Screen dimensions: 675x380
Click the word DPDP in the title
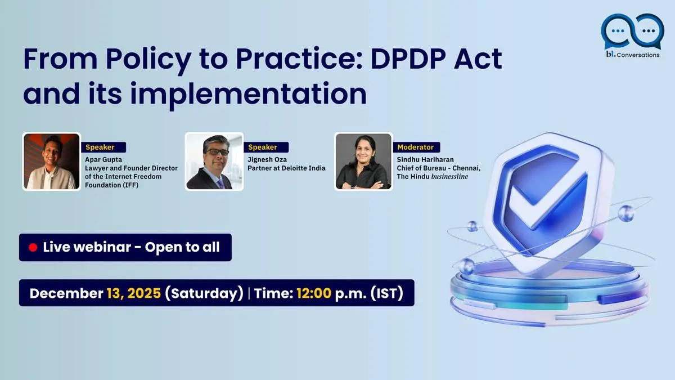(x=408, y=59)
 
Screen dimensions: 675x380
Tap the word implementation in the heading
(x=248, y=94)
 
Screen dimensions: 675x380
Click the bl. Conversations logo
(x=632, y=35)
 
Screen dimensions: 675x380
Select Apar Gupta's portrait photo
(x=52, y=162)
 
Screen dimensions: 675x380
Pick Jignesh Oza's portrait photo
(x=214, y=162)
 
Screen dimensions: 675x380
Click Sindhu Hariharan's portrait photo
(x=363, y=162)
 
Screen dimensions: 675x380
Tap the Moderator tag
(x=416, y=147)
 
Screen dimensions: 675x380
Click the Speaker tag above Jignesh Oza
(x=265, y=147)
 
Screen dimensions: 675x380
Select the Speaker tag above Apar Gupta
(x=103, y=147)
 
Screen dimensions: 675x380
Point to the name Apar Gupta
(x=103, y=159)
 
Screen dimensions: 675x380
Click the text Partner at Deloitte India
(x=286, y=168)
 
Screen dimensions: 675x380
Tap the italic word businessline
(x=449, y=176)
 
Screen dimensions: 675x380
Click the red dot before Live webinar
(x=33, y=248)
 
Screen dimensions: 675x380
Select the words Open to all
(x=182, y=247)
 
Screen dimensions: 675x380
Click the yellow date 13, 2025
(x=134, y=293)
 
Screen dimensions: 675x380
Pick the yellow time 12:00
(x=314, y=293)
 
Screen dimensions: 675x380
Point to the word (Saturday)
(x=204, y=293)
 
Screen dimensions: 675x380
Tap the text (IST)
(x=387, y=293)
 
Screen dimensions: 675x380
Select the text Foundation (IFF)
(x=112, y=185)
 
